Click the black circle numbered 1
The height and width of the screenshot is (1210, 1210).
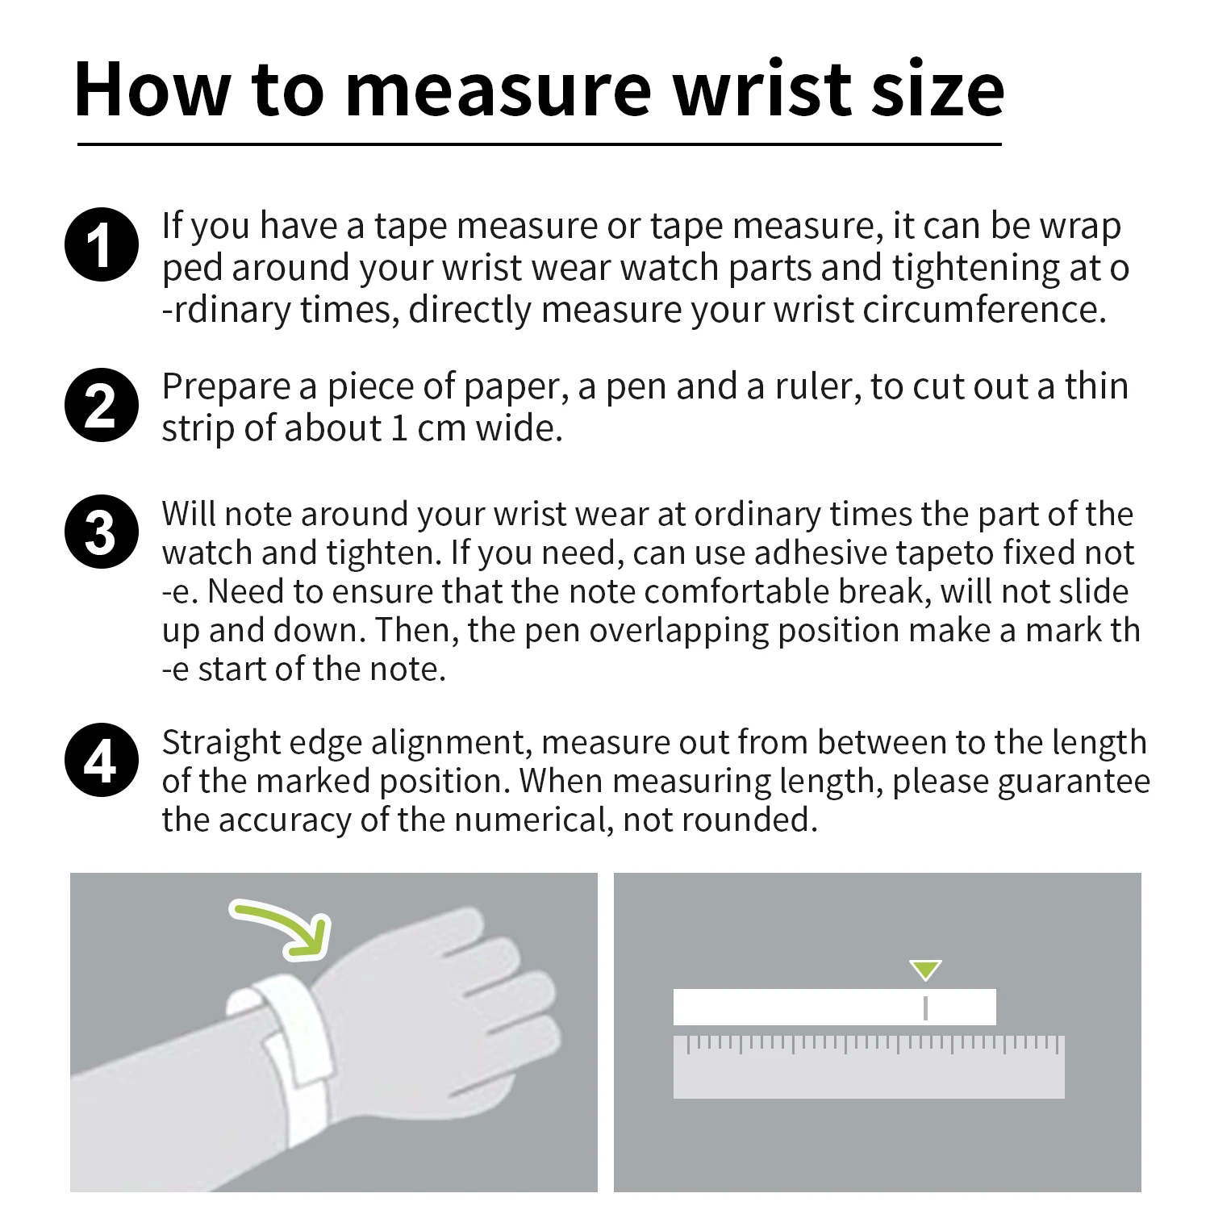(101, 244)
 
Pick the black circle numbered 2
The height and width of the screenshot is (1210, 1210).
(101, 405)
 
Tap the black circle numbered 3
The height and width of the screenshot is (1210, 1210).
(101, 532)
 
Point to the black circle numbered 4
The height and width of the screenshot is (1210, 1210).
(101, 760)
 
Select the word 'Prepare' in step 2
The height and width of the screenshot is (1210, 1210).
(225, 387)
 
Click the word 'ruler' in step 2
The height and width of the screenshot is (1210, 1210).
(816, 387)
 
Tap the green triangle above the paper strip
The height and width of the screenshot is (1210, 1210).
(925, 970)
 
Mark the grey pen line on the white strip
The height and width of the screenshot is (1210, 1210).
(925, 1008)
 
